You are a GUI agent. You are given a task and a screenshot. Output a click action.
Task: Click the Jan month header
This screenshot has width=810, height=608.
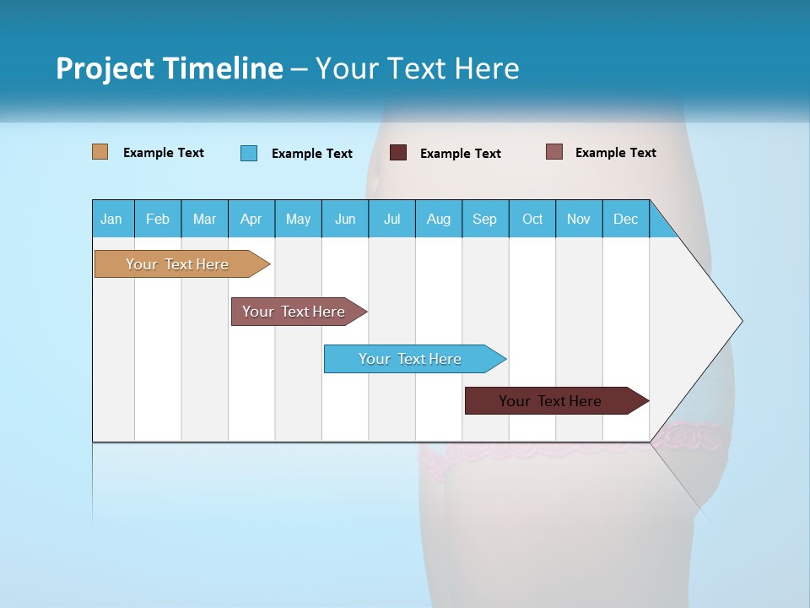(x=112, y=219)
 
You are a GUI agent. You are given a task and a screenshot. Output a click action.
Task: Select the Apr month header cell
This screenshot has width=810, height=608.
(x=251, y=219)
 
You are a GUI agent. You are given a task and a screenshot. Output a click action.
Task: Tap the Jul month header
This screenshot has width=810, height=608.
(x=391, y=219)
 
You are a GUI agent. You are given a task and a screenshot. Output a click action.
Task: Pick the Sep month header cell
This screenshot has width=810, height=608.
(x=485, y=219)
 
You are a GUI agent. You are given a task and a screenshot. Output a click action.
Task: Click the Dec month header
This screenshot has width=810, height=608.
(x=625, y=219)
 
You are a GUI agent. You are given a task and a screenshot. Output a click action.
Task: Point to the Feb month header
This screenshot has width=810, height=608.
(x=158, y=219)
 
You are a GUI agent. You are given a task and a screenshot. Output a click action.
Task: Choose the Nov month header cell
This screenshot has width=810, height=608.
(x=579, y=219)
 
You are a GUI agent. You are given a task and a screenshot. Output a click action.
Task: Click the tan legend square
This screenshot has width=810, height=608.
(x=100, y=152)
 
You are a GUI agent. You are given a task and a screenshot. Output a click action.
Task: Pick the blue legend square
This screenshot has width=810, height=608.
(x=249, y=153)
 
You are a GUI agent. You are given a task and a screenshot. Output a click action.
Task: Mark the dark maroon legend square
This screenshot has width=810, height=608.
(x=398, y=153)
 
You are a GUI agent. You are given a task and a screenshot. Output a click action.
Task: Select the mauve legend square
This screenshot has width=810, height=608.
(x=553, y=152)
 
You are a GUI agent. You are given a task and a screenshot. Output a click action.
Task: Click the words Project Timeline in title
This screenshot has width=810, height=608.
(x=169, y=68)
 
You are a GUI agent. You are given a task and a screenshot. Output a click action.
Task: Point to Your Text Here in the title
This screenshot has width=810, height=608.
(x=417, y=68)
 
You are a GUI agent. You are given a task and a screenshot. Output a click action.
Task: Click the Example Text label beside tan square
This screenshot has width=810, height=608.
(x=164, y=153)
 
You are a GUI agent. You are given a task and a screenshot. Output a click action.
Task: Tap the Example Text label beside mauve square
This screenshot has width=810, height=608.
(x=616, y=153)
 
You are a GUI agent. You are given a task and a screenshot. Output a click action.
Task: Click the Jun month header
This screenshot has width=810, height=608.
(x=345, y=219)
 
